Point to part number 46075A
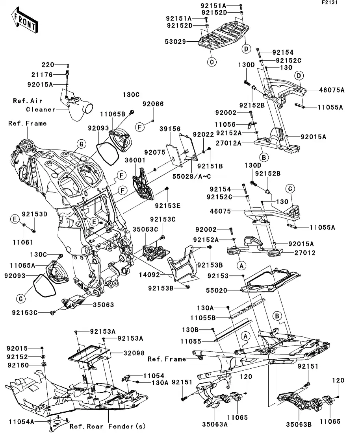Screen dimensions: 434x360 point(331,90)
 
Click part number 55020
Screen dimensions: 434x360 point(228,291)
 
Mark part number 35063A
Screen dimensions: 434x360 point(215,424)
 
